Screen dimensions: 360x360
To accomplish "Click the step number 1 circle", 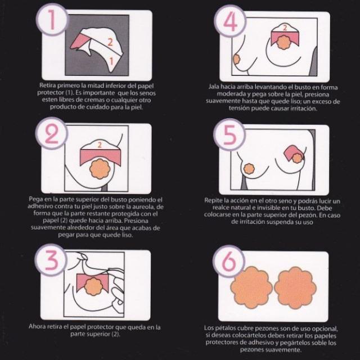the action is click(x=52, y=20).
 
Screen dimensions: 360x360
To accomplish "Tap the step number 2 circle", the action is click(x=52, y=133).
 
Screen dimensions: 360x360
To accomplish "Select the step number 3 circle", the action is click(x=51, y=260).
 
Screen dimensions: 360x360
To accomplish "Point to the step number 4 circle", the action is click(x=230, y=21).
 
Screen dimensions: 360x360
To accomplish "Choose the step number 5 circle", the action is click(x=229, y=134).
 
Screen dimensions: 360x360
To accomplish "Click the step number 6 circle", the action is click(x=229, y=261).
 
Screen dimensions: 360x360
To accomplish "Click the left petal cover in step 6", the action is click(x=252, y=287).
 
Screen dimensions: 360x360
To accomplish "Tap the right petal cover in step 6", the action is click(x=295, y=287).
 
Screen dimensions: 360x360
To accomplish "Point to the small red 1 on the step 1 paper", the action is click(x=111, y=61).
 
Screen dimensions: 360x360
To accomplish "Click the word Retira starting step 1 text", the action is click(x=47, y=85).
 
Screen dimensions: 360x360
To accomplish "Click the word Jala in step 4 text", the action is click(x=214, y=87).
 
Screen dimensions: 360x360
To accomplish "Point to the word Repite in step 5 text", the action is click(x=213, y=200).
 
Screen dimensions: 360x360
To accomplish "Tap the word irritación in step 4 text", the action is click(x=304, y=109).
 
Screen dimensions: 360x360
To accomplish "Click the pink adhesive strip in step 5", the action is click(x=291, y=153).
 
